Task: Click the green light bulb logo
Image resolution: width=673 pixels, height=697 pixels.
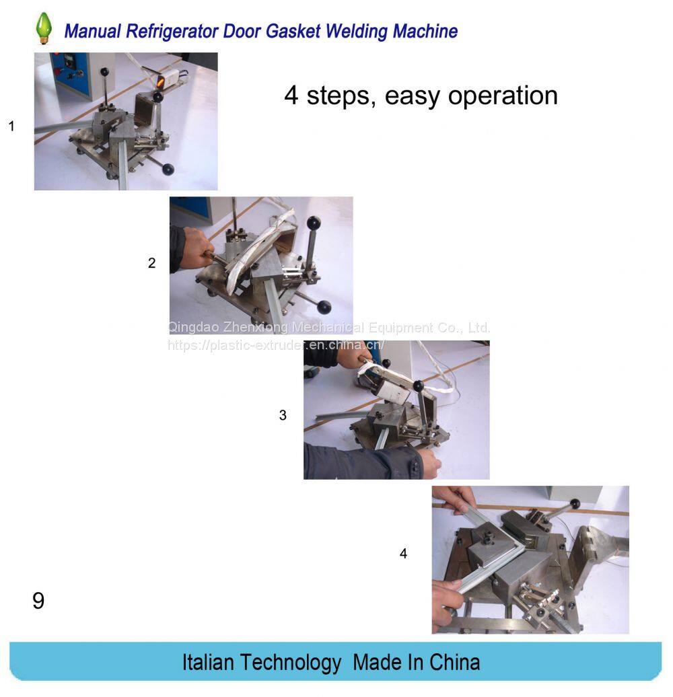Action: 44,28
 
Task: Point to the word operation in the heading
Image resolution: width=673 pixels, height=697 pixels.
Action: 502,95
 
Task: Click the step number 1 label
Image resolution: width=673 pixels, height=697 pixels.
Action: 11,126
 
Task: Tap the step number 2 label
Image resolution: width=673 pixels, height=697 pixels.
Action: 151,262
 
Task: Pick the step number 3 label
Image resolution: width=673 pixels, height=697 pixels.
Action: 283,415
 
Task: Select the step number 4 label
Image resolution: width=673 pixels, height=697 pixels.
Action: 403,554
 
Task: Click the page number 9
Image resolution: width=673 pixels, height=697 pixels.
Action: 38,601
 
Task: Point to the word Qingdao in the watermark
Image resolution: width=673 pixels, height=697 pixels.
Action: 193,328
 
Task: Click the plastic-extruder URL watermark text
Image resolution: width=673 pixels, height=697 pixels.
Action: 276,345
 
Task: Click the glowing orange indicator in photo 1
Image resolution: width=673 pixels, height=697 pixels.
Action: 161,81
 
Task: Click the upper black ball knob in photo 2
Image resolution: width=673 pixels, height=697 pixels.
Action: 314,222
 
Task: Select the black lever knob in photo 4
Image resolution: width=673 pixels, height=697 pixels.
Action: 575,504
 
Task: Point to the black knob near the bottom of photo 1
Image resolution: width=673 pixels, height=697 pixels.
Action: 168,169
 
